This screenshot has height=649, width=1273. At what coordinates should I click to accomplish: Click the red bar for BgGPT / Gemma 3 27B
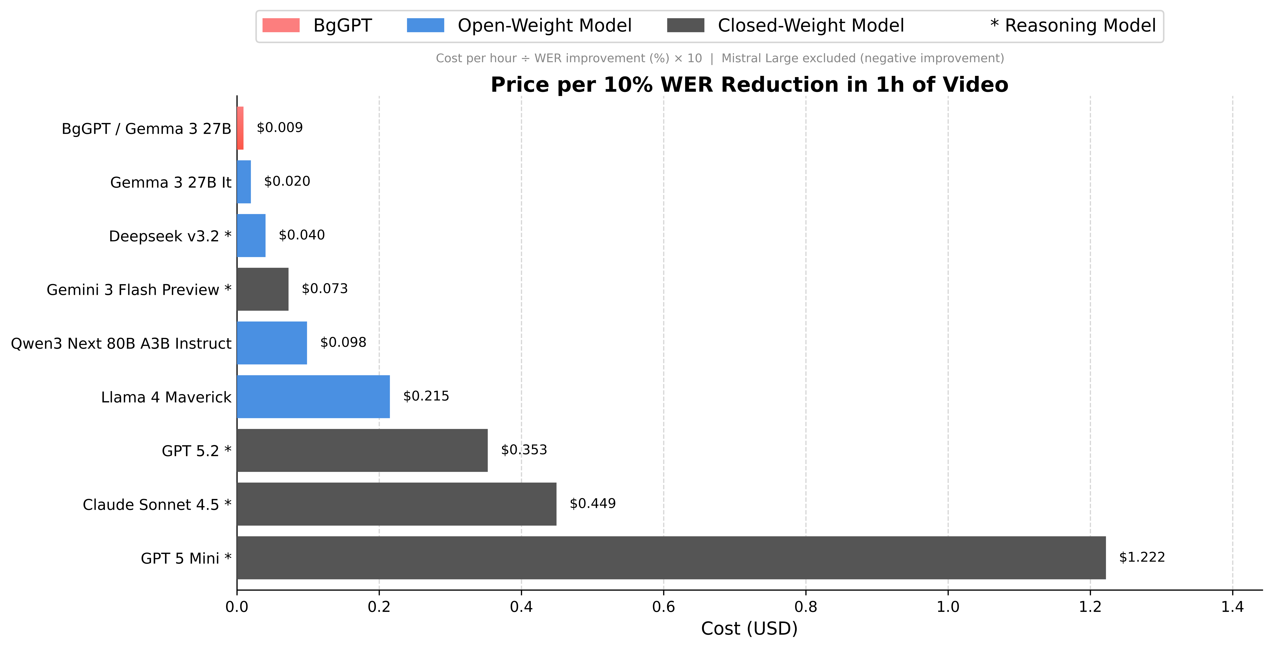[x=240, y=128]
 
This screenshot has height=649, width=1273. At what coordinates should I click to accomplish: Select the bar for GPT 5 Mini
[x=671, y=558]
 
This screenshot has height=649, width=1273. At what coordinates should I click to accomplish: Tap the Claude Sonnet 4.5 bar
[x=396, y=504]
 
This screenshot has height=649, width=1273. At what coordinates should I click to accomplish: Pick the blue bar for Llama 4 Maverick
[x=313, y=397]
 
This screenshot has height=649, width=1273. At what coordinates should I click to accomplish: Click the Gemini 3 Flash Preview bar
[x=262, y=289]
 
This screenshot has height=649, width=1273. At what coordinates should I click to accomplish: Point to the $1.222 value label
[x=1142, y=558]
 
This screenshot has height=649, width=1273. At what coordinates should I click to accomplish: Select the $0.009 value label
[x=280, y=128]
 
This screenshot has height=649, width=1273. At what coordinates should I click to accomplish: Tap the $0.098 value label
[x=343, y=342]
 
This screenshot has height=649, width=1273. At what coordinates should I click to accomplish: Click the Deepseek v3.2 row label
[x=170, y=236]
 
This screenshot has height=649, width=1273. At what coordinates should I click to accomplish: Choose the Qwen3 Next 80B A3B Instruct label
[x=121, y=343]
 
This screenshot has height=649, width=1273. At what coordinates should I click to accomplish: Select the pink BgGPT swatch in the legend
[x=281, y=25]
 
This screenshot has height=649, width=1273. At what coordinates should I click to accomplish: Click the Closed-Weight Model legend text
[x=810, y=25]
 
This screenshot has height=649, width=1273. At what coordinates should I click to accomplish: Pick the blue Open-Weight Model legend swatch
[x=425, y=25]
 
